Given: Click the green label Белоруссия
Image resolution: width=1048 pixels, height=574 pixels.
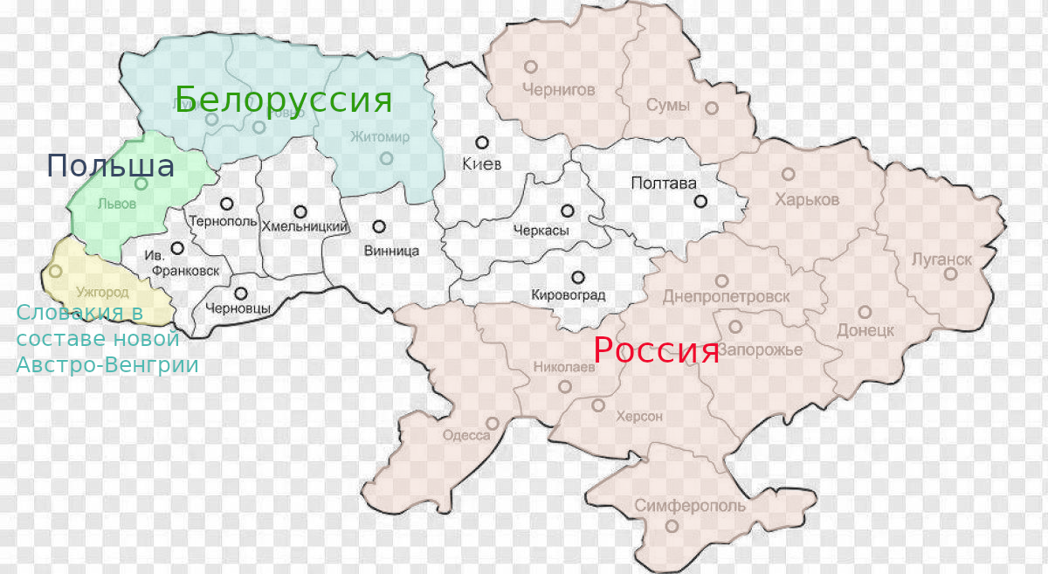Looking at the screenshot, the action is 284,100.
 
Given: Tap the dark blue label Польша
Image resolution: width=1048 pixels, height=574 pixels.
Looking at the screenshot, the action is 110,165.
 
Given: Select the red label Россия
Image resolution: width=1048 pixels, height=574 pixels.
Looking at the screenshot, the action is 656,350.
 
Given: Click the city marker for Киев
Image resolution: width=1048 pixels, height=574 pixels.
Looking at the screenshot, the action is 481,142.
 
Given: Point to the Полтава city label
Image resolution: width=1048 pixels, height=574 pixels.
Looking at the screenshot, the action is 664,183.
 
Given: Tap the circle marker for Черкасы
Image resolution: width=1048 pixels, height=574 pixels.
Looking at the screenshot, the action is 568,211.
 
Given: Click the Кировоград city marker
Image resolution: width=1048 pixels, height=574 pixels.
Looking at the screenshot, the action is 577,276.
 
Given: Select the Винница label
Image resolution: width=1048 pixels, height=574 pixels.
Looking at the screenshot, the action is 391,251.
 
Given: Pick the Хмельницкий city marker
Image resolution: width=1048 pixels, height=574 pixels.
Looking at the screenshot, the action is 301,211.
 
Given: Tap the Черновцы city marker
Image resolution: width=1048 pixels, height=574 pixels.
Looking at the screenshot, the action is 240,294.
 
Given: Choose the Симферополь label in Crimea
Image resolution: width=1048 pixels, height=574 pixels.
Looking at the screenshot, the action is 690,506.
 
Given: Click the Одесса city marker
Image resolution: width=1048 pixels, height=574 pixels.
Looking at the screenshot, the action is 493,423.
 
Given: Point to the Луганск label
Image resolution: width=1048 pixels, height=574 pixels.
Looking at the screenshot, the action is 941,259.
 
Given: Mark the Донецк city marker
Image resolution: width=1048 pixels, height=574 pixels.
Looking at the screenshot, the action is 865,312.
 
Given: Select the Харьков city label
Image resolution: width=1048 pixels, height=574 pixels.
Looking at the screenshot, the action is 807,200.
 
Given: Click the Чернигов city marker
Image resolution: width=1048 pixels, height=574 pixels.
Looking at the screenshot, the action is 530,66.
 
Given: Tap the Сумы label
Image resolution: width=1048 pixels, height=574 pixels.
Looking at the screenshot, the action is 668,106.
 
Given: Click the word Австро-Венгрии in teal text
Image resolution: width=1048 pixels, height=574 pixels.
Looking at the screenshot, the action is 107,365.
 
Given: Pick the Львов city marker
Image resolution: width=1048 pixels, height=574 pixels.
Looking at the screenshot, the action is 141,184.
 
